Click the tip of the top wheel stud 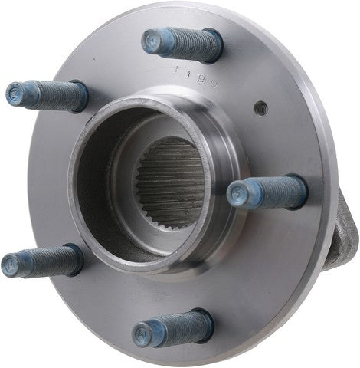(152, 41)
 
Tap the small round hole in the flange (261, 107)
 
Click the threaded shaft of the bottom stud (176, 327)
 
